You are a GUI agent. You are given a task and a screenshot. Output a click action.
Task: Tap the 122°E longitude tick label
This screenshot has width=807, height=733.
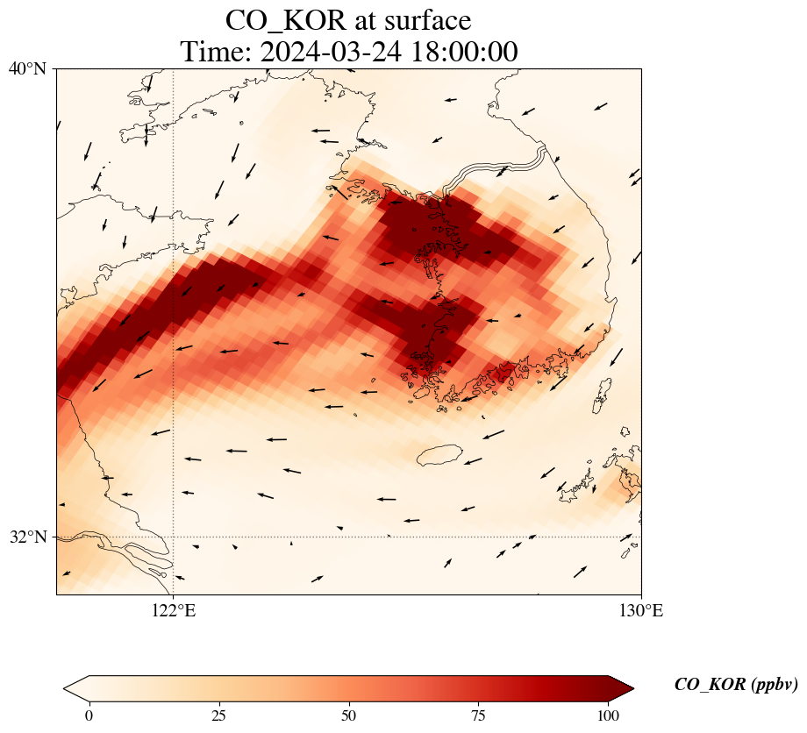174,611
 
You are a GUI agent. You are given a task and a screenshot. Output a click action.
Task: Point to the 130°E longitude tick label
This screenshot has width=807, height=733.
640,611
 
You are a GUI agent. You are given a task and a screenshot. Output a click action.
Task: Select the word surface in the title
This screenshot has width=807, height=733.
426,20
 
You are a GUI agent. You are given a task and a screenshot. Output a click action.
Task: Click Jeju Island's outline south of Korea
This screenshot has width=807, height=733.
439,454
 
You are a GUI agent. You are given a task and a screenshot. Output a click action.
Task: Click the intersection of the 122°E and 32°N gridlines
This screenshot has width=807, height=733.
174,537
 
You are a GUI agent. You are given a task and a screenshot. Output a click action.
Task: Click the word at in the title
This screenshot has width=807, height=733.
361,20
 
